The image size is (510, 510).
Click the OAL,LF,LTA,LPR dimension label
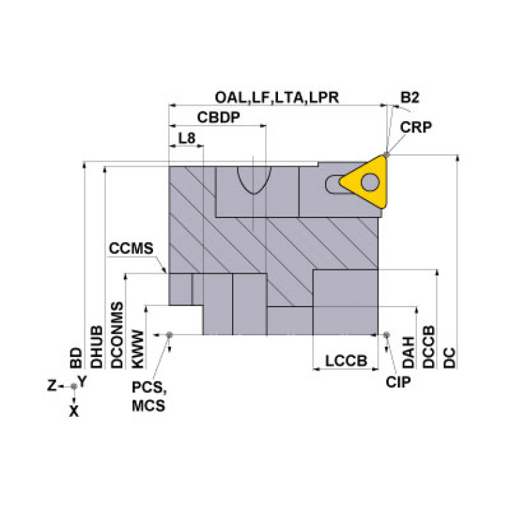(x=277, y=97)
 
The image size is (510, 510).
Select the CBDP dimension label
(x=218, y=117)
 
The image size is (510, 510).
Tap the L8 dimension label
(x=187, y=138)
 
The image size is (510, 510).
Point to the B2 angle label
(x=409, y=97)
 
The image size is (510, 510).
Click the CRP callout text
(x=416, y=127)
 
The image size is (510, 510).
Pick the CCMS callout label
(x=131, y=249)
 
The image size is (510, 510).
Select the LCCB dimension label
(x=346, y=361)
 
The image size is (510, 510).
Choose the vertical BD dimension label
(x=76, y=357)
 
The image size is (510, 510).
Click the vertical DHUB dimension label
(x=96, y=346)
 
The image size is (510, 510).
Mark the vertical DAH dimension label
(x=409, y=352)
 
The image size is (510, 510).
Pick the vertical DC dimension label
(x=449, y=357)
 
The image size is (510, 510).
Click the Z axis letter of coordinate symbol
(x=51, y=385)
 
